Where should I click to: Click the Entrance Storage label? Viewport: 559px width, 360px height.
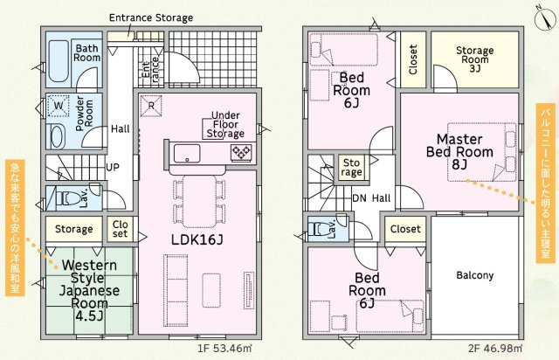[151, 17]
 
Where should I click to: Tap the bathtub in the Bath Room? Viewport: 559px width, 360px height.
[59, 61]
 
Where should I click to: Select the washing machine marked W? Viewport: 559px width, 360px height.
[59, 106]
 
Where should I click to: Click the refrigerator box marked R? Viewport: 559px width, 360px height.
[151, 106]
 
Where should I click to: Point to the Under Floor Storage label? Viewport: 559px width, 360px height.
[225, 125]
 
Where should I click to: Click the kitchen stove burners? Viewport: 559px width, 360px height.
[241, 153]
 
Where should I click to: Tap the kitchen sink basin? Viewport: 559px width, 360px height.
[187, 154]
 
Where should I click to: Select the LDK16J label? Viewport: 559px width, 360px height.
[197, 239]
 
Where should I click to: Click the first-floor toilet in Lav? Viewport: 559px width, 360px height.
[68, 198]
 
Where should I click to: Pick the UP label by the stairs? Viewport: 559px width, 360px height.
[113, 167]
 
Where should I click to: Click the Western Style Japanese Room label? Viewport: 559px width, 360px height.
[89, 290]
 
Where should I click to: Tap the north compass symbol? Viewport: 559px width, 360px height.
[545, 17]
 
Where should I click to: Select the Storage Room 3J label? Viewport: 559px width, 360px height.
[475, 59]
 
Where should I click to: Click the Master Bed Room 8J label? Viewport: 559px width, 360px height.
[459, 152]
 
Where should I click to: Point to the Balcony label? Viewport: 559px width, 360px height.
[475, 275]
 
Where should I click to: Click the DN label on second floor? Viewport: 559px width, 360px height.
[359, 198]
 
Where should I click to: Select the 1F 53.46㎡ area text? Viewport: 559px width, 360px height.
[224, 349]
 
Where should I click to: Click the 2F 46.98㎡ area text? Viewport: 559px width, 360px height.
[495, 349]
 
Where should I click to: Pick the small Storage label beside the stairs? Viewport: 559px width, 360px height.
[351, 168]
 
